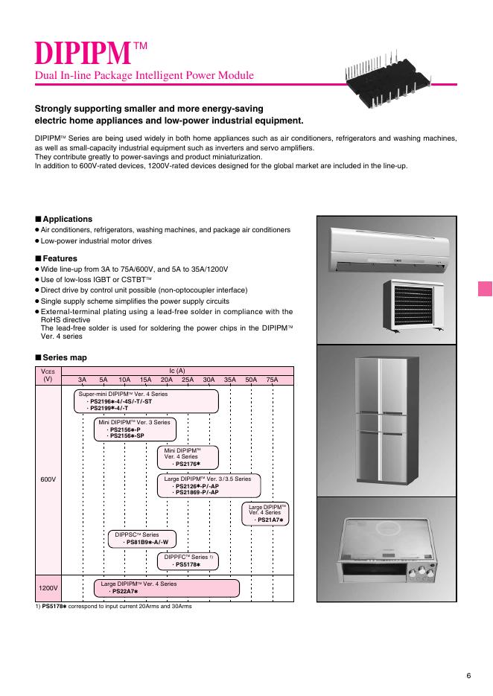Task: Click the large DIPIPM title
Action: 83,53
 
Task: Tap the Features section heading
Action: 60,258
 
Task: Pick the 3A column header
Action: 83,380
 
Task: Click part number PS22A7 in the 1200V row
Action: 124,591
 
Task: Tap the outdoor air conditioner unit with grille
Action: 416,307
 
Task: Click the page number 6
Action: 468,675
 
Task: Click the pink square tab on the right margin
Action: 485,289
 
